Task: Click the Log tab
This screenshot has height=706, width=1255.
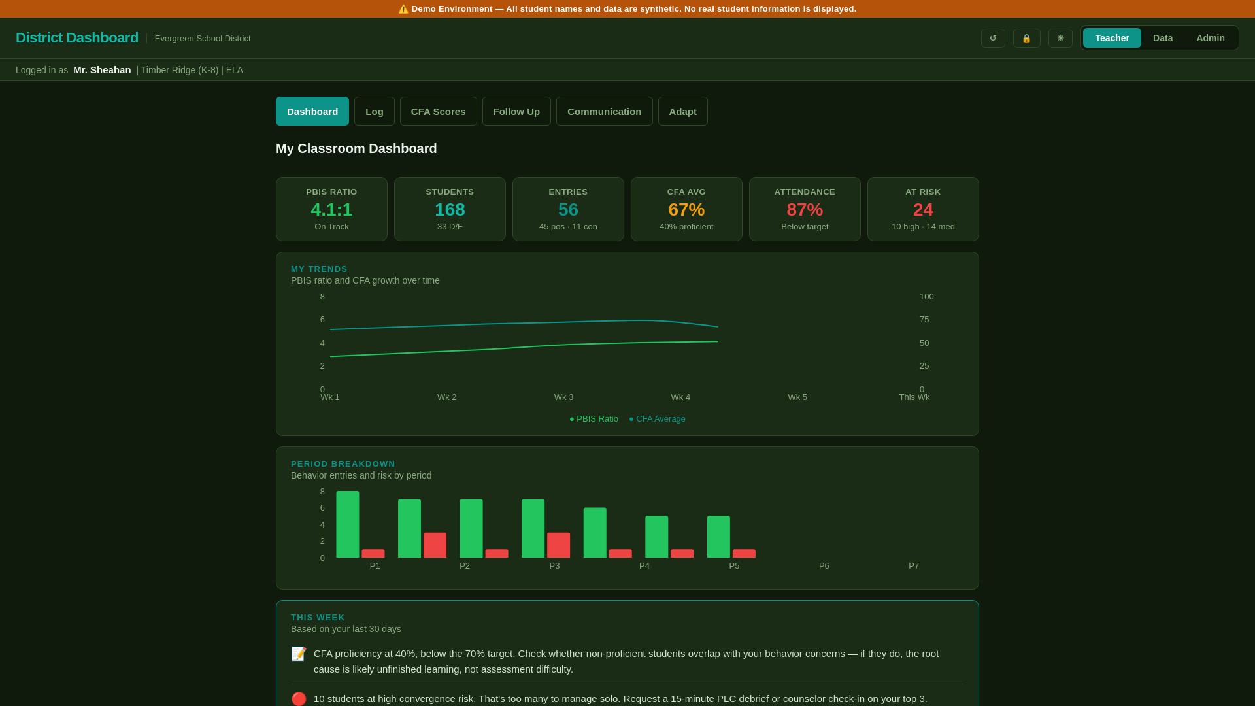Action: click(x=375, y=111)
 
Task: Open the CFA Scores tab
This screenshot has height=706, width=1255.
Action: click(x=438, y=111)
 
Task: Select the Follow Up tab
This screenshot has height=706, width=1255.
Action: click(x=516, y=111)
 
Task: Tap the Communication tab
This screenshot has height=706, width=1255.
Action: click(x=604, y=111)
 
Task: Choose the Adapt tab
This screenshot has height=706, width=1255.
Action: click(x=682, y=111)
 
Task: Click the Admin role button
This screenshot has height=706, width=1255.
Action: click(x=1210, y=38)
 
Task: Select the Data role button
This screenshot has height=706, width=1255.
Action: click(x=1162, y=38)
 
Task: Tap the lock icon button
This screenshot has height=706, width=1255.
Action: click(x=1026, y=38)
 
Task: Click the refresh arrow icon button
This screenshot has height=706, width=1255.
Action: click(x=993, y=38)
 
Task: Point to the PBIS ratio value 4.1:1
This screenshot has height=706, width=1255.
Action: click(x=331, y=210)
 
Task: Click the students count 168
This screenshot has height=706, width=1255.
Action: click(x=450, y=210)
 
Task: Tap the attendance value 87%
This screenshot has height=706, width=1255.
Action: click(x=805, y=210)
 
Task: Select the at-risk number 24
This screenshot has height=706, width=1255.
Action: click(x=923, y=210)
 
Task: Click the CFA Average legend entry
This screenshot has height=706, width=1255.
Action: click(x=658, y=419)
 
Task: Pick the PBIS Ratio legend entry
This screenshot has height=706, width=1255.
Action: click(x=594, y=419)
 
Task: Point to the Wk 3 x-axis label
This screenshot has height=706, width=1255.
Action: click(x=563, y=397)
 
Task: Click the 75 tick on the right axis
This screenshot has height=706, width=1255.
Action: click(x=924, y=320)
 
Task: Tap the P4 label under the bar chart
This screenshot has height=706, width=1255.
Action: click(x=644, y=566)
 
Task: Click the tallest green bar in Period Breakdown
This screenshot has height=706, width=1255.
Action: click(x=348, y=524)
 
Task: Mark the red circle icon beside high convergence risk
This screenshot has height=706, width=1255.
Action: click(x=299, y=699)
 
